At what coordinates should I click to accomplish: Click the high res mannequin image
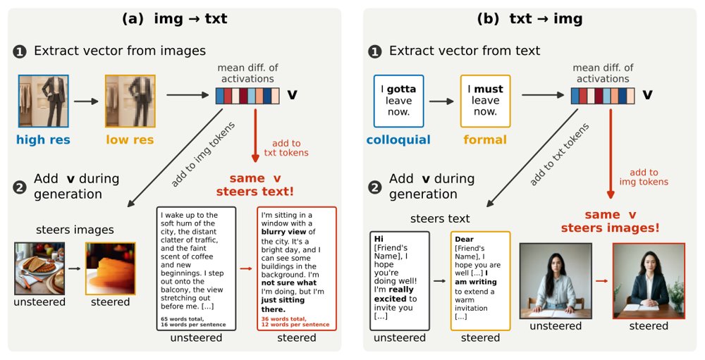pyautogui.click(x=44, y=101)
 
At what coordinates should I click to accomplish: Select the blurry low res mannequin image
pyautogui.click(x=130, y=101)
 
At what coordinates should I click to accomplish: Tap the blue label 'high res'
pyautogui.click(x=43, y=139)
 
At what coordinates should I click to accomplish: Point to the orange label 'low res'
pyautogui.click(x=130, y=139)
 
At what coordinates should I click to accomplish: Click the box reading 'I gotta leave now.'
pyautogui.click(x=399, y=101)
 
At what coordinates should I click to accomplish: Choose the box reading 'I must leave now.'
pyautogui.click(x=485, y=101)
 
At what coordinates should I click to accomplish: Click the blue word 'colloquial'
pyautogui.click(x=398, y=139)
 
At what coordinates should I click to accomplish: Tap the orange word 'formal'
pyautogui.click(x=485, y=139)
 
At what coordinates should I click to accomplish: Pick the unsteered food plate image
pyautogui.click(x=39, y=268)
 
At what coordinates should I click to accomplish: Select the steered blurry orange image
pyautogui.click(x=111, y=268)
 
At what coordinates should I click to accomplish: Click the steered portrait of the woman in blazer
pyautogui.click(x=649, y=281)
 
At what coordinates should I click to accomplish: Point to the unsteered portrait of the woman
pyautogui.click(x=556, y=281)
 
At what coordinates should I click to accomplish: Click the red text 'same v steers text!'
pyautogui.click(x=255, y=185)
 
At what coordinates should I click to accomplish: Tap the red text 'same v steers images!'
pyautogui.click(x=610, y=221)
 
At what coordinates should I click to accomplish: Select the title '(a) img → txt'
pyautogui.click(x=174, y=19)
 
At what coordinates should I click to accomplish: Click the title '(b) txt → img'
pyautogui.click(x=529, y=19)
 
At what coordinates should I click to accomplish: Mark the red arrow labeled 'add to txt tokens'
pyautogui.click(x=255, y=135)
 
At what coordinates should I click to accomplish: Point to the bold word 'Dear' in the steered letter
pyautogui.click(x=464, y=239)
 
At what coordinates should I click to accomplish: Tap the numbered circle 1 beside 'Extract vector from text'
pyautogui.click(x=374, y=51)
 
